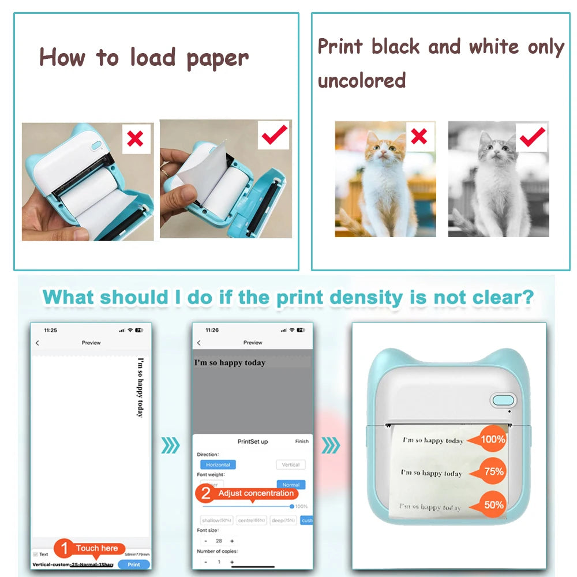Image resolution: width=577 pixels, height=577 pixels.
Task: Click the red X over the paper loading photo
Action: coord(136,138)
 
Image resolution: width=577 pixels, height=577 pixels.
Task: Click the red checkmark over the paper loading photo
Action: coord(275,134)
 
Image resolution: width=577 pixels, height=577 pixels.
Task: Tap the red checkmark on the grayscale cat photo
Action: coord(532,136)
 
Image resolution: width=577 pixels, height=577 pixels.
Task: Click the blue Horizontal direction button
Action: coord(218,464)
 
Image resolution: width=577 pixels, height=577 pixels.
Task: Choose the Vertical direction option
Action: coord(291,464)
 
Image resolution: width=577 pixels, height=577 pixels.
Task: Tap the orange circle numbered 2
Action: coord(205,494)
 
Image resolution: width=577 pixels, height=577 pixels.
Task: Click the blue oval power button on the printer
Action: coord(502,400)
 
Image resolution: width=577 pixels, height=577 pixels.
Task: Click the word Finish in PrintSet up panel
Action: coord(302,441)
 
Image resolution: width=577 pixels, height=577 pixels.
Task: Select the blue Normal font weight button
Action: coord(291,485)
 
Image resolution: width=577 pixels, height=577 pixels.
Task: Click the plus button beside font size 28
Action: coord(232,541)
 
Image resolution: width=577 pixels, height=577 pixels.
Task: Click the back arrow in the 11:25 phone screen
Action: coord(38,343)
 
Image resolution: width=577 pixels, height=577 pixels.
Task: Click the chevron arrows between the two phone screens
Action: coord(170,445)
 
